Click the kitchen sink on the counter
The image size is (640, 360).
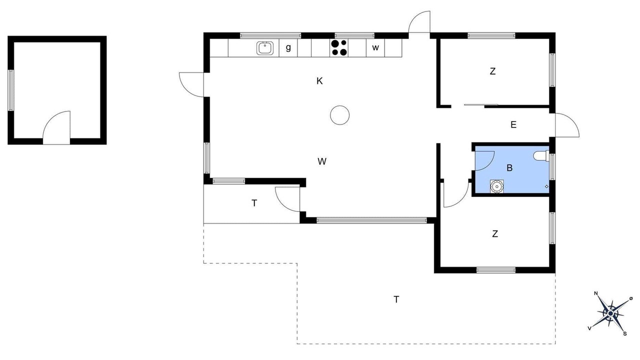(265, 48)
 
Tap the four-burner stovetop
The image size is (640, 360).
(339, 47)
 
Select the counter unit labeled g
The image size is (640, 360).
(288, 48)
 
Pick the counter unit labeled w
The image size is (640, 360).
(375, 48)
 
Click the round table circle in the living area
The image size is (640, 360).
(339, 115)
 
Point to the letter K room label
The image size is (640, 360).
(319, 81)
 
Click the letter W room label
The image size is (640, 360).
(322, 161)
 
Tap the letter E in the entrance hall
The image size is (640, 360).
(513, 125)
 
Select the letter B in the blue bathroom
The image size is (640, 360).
(509, 168)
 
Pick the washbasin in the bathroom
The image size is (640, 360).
(497, 186)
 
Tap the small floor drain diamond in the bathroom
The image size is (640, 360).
(546, 186)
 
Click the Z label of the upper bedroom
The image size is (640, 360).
(492, 71)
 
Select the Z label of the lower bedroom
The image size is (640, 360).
(495, 234)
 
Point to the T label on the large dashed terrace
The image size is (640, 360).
(396, 299)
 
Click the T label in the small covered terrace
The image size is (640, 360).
(254, 203)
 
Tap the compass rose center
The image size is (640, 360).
(610, 313)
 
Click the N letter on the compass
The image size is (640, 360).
(595, 293)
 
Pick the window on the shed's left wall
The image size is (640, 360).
(10, 90)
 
